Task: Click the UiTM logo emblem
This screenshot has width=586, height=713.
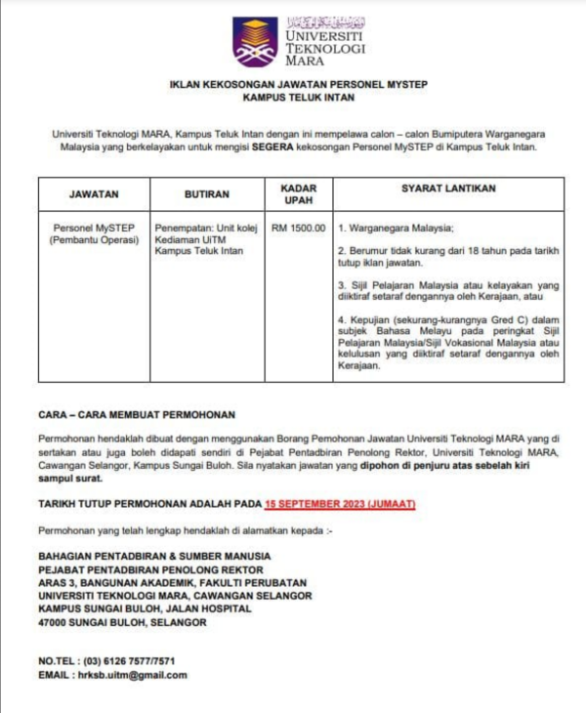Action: tap(254, 41)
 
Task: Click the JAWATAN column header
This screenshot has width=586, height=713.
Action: tap(94, 193)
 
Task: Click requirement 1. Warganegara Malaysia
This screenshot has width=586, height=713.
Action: tap(395, 228)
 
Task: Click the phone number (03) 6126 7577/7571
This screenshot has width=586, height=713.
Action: tap(130, 661)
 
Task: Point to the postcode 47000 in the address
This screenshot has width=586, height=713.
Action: tap(55, 622)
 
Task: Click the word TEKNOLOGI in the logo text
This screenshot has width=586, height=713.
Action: tap(325, 46)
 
